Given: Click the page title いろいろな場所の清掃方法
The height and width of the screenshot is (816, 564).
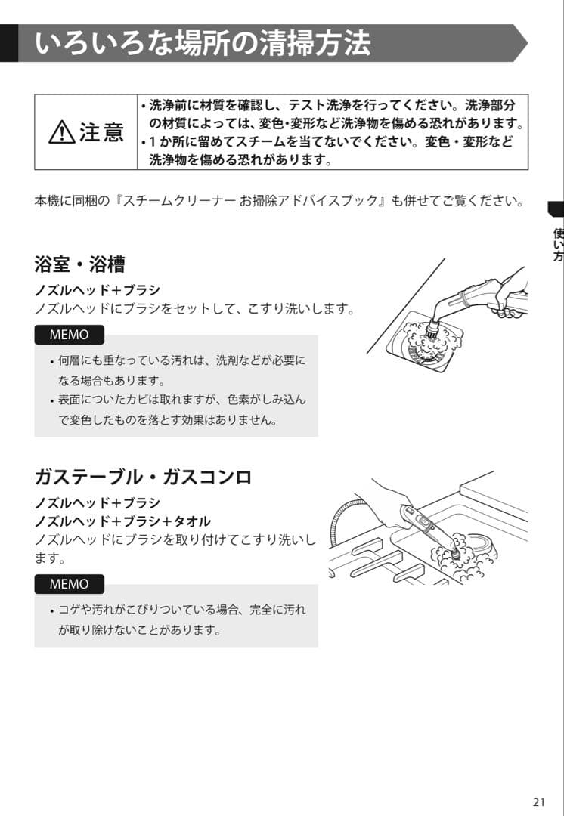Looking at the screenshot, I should point(203,43).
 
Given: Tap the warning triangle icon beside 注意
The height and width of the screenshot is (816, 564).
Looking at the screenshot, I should point(61,134).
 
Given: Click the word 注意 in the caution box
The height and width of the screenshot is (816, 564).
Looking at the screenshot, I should point(101,133).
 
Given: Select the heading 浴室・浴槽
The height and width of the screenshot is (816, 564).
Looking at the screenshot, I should point(79,264).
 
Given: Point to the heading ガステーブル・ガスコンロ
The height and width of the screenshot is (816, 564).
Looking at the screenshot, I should point(143,478).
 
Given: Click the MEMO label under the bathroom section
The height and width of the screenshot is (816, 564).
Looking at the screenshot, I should point(69,335).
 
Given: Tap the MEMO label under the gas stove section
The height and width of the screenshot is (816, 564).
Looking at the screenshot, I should point(69,584).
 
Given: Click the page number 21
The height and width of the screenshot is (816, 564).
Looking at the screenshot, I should point(538,802).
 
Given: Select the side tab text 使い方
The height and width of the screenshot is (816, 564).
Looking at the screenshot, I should point(557,245).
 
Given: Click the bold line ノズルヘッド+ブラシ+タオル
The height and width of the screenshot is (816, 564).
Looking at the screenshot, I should point(122,521).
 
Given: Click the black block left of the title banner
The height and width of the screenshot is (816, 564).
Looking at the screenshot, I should point(8,43).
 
